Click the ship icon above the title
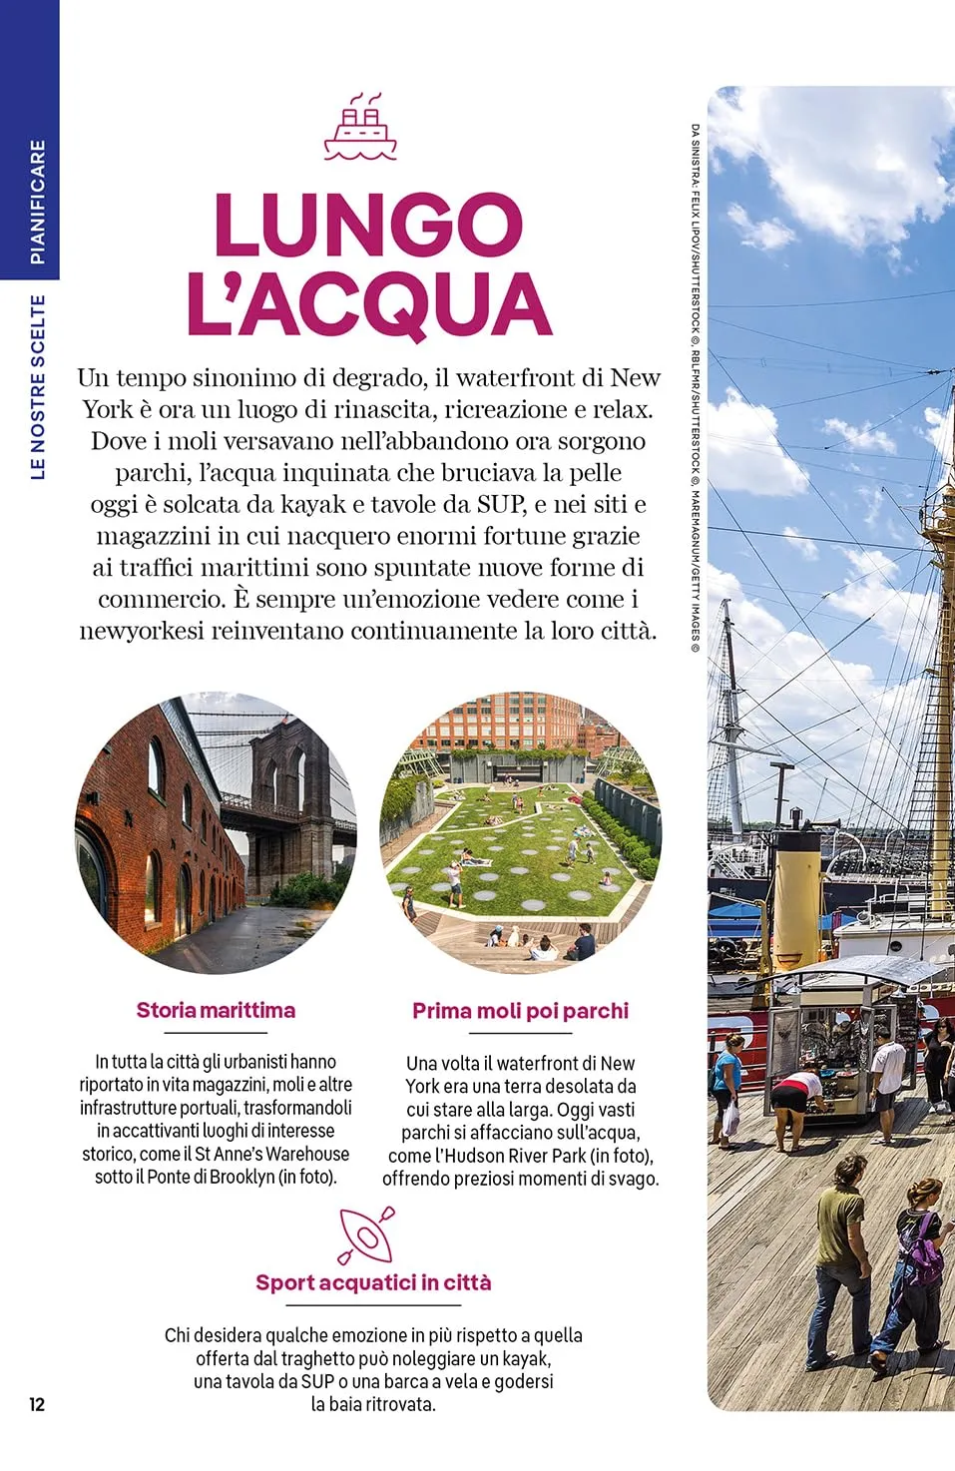click(x=360, y=127)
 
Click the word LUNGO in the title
click(x=368, y=225)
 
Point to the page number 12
click(x=37, y=1404)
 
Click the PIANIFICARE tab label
click(x=37, y=202)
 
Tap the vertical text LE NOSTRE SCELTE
click(x=38, y=386)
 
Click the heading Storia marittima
click(x=216, y=1010)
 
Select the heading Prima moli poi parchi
click(x=520, y=1011)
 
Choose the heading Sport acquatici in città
click(x=373, y=1282)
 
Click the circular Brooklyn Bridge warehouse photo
click(x=216, y=832)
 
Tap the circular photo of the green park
click(x=520, y=832)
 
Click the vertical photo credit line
click(x=695, y=389)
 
